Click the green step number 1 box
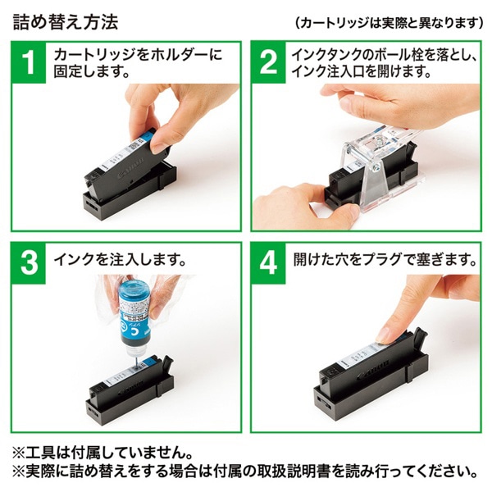tap(30, 62)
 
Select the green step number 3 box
tap(30, 263)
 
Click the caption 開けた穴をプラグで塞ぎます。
tap(385, 261)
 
